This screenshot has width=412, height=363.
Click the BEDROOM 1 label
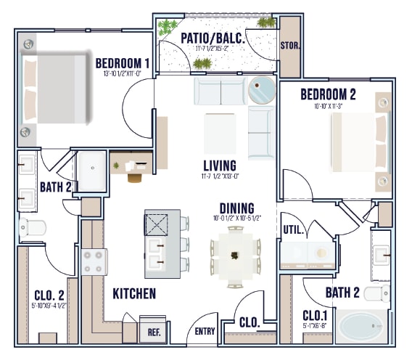122,63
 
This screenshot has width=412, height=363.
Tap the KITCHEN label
134,294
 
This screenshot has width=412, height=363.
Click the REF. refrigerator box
153,332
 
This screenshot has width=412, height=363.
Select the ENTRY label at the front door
205,332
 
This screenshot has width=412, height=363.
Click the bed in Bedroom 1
58,91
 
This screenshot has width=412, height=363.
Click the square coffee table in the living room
220,133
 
